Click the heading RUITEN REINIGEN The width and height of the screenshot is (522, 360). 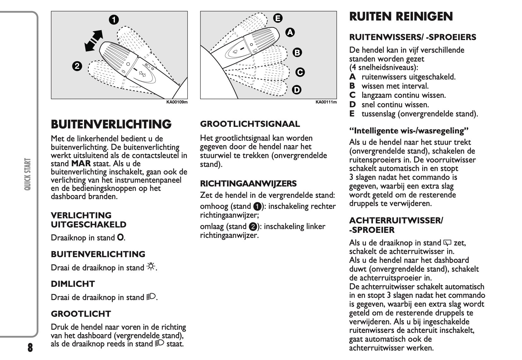coord(401,16)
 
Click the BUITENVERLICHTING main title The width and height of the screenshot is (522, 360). coord(111,124)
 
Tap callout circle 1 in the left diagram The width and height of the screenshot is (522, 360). coord(114,20)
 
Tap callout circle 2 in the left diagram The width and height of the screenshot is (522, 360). coord(77,66)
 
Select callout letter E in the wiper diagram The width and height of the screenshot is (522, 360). coord(278,18)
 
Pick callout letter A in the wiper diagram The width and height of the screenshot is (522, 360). coord(290,32)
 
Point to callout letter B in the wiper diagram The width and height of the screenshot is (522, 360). coord(297,52)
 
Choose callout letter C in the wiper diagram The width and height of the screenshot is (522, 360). coord(300,72)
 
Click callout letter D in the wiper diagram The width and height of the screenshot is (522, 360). coord(297,90)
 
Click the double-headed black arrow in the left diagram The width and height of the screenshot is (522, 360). coord(94,41)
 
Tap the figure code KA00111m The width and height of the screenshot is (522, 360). coord(326,102)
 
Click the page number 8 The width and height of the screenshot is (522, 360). coord(30,348)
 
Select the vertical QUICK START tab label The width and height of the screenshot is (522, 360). coord(28,174)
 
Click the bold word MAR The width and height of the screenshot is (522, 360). coord(81,164)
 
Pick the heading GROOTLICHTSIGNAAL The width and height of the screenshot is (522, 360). coord(250,124)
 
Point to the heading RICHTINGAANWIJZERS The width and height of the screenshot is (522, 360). coord(248,184)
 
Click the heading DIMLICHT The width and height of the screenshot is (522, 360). coord(73,284)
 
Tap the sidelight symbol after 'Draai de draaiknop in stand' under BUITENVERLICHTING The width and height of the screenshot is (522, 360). coord(151,267)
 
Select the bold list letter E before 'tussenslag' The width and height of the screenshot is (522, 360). coord(352,114)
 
